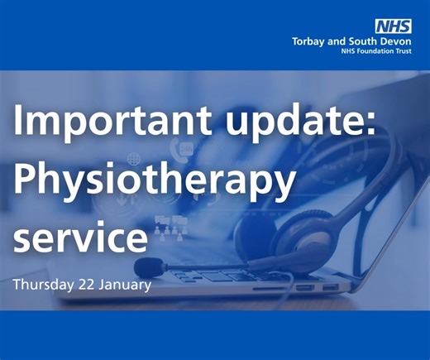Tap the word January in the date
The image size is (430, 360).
pos(122,285)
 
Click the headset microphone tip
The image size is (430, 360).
pos(146,266)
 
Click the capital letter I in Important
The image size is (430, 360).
pos(18,124)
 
